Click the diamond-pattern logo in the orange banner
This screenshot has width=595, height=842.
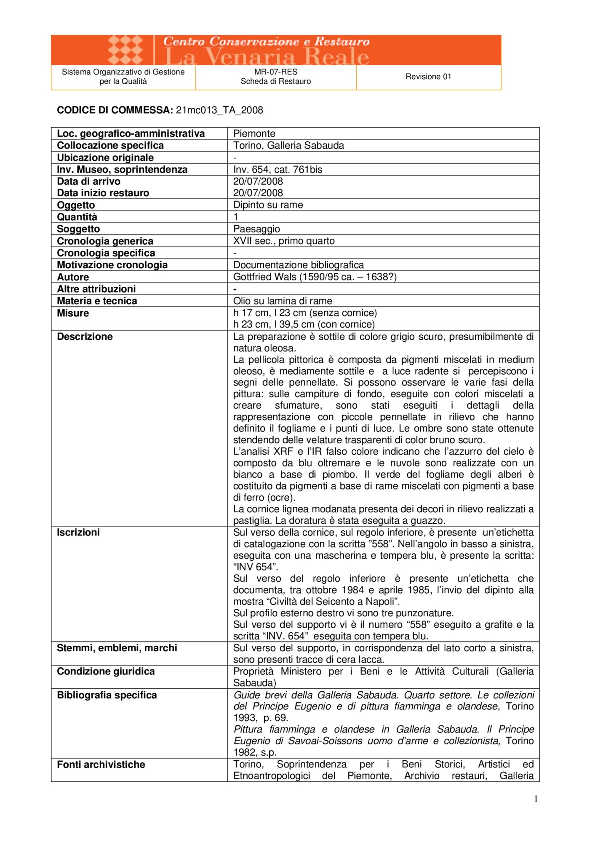[125, 50]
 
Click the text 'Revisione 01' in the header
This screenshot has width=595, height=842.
[428, 77]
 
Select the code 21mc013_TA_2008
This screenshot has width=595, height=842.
[219, 110]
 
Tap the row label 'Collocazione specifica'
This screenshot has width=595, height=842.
[110, 146]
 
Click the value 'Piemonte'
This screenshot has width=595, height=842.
[254, 134]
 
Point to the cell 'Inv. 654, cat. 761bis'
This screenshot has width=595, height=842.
[278, 170]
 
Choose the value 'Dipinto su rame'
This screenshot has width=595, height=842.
[268, 205]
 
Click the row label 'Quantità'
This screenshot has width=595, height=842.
[77, 217]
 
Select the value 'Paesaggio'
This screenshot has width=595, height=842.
[256, 229]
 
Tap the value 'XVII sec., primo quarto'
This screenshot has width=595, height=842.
[284, 241]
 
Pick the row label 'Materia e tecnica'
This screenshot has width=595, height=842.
[97, 301]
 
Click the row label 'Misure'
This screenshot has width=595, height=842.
[73, 313]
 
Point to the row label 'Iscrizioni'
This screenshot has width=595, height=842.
[78, 533]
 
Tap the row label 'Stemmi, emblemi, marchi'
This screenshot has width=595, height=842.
[117, 648]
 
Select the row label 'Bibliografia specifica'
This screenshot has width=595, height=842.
[107, 695]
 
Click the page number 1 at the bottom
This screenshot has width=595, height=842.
[536, 799]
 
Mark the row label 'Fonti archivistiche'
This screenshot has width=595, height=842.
[101, 765]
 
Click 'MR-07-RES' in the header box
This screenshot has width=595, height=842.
[276, 72]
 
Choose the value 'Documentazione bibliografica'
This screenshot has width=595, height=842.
[299, 265]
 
